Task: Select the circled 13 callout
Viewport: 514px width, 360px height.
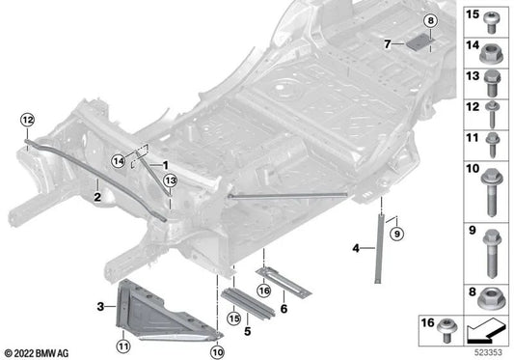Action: click(x=170, y=180)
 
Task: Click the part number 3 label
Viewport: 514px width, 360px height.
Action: click(x=99, y=307)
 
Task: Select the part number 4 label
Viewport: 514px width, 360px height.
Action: click(x=356, y=249)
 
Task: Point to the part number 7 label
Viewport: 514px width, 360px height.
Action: click(x=386, y=44)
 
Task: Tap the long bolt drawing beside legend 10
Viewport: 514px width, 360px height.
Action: click(x=490, y=194)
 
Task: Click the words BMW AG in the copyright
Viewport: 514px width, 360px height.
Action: click(x=57, y=352)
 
